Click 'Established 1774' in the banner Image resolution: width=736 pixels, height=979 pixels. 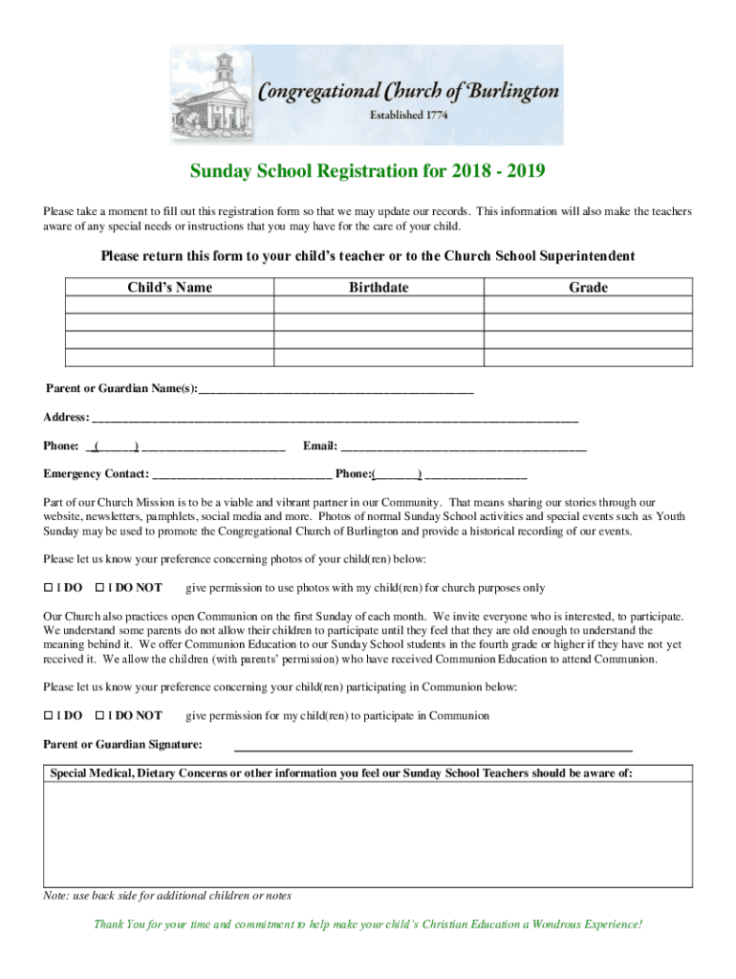point(408,115)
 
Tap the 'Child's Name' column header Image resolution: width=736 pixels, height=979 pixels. point(170,288)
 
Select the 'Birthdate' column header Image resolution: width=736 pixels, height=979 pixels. point(379,288)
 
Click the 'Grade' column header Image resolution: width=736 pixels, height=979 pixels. point(588,288)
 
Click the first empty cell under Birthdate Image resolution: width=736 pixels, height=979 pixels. point(379,305)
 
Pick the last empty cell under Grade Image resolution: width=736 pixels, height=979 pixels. point(588,358)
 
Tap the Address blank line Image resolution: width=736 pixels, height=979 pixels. point(335,418)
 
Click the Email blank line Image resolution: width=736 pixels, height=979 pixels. point(464,446)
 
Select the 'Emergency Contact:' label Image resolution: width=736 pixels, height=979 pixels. point(96,474)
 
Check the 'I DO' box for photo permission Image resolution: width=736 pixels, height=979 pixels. point(48,588)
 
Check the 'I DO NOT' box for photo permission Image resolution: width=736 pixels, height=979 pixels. point(99,588)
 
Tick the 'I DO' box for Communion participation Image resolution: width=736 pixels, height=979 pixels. point(48,716)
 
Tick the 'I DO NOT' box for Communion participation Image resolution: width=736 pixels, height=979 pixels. point(99,716)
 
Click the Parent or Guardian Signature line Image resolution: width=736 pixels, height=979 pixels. point(433,746)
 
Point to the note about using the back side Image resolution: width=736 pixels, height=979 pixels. point(167,897)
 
